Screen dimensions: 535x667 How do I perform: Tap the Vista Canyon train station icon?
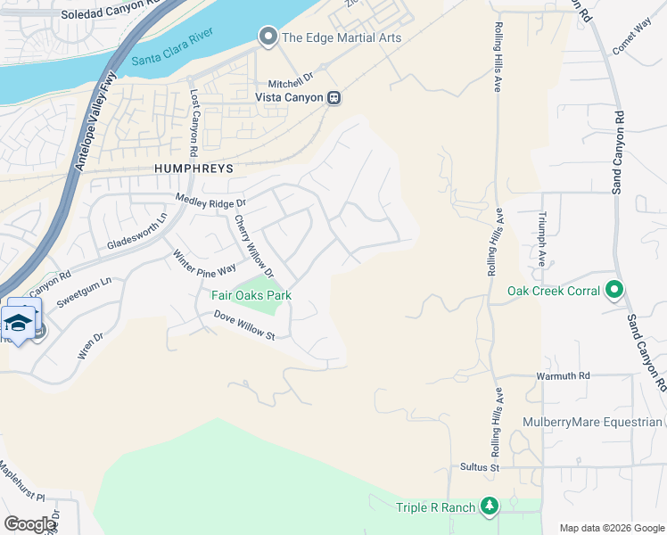click(x=333, y=97)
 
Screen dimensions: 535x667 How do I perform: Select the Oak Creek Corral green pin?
click(x=613, y=291)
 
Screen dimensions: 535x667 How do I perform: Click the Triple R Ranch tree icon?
click(x=489, y=507)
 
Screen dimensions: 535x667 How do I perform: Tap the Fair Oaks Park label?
click(x=251, y=295)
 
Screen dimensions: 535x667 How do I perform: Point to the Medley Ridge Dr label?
click(x=210, y=202)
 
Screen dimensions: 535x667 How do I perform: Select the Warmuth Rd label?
click(x=563, y=376)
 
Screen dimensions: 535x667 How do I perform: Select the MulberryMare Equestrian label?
click(x=605, y=423)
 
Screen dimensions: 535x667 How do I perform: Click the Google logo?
click(x=29, y=523)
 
